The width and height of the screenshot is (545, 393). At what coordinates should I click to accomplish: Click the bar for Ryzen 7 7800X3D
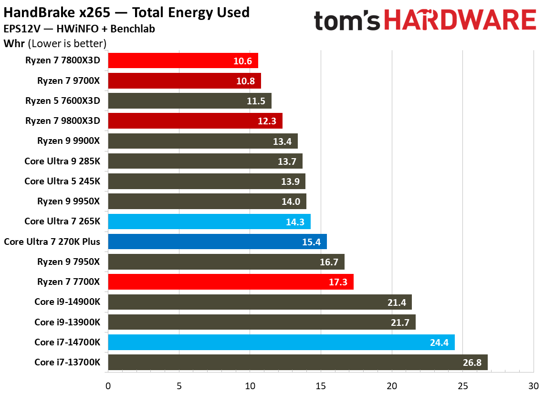tap(183, 60)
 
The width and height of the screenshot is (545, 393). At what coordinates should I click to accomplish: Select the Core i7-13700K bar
tap(298, 362)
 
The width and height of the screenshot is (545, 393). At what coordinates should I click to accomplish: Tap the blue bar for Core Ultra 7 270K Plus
tap(217, 242)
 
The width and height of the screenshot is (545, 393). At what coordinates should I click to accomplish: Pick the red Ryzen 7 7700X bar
tap(231, 282)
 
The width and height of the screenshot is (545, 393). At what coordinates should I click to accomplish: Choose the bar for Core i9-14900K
tap(260, 302)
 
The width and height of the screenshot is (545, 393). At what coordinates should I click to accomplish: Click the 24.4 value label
tap(439, 342)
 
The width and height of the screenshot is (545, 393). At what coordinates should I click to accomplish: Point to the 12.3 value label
tap(267, 121)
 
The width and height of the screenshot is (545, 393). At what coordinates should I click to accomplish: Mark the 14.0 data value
tap(291, 202)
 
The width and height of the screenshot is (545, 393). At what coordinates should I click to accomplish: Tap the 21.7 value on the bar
tap(400, 322)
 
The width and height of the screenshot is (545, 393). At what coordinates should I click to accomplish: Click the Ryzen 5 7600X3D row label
tap(63, 101)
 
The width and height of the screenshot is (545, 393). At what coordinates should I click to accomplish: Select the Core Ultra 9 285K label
tap(62, 161)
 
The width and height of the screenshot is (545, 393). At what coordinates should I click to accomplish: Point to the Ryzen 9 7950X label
tap(68, 262)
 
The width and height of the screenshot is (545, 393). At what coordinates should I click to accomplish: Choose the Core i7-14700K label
tap(67, 342)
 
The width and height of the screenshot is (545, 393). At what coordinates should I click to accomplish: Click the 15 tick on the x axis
tap(321, 385)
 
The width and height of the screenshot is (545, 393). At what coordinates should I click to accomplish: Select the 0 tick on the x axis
tap(108, 385)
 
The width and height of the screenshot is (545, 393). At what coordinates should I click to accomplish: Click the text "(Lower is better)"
tap(67, 44)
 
